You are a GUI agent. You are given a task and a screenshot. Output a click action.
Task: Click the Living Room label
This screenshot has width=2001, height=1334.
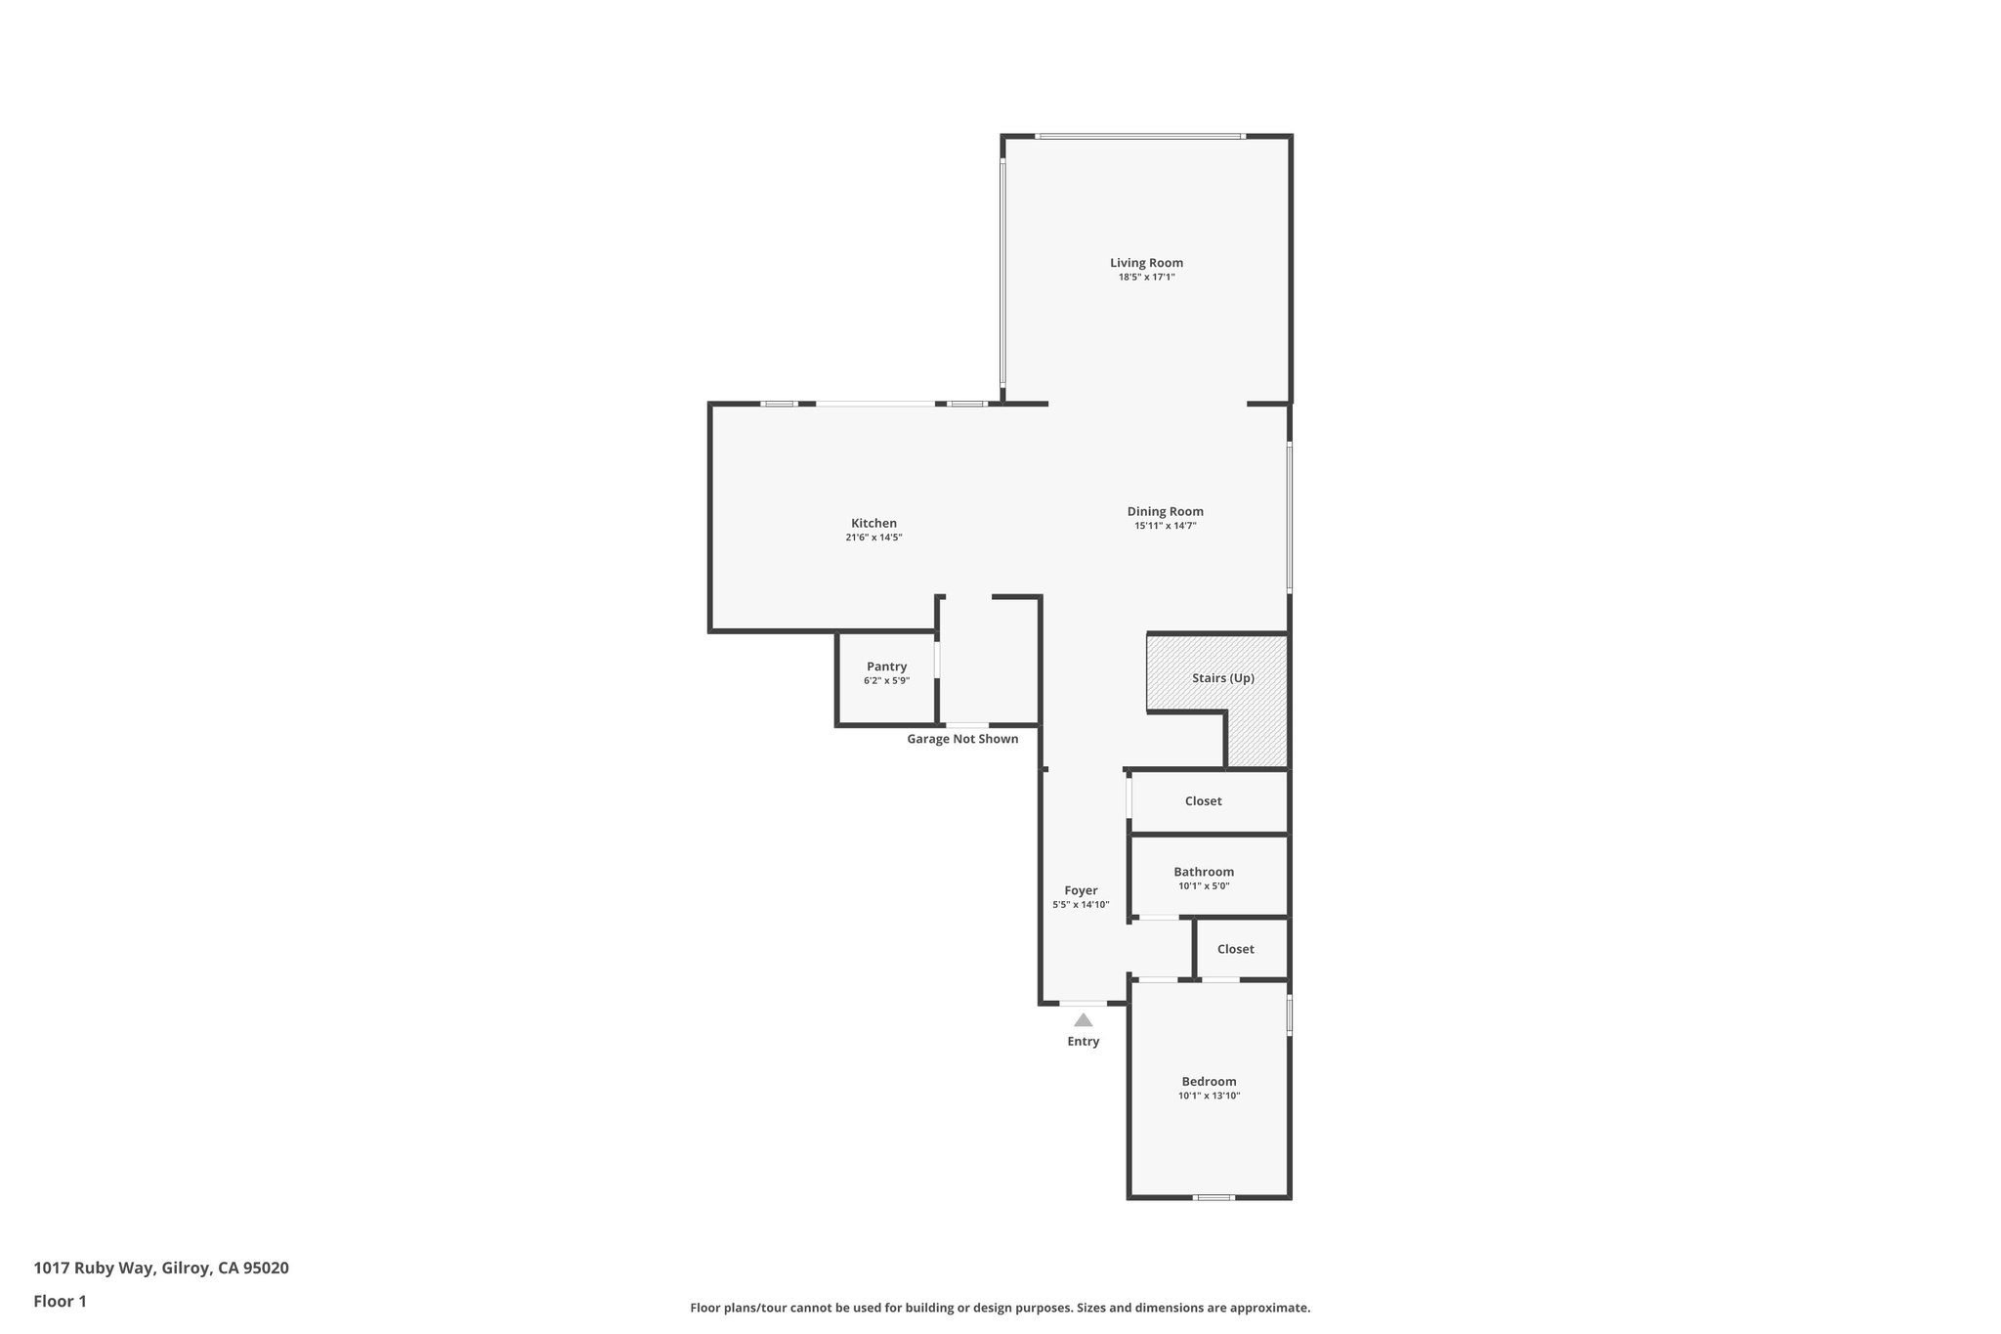pyautogui.click(x=1146, y=262)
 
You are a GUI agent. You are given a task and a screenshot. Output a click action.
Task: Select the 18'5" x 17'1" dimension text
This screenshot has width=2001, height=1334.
pyautogui.click(x=1146, y=278)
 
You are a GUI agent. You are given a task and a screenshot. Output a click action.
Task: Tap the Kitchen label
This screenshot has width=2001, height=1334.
pyautogui.click(x=873, y=523)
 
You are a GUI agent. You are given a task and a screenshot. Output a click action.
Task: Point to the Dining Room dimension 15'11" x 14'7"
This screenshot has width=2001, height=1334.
pyautogui.click(x=1165, y=526)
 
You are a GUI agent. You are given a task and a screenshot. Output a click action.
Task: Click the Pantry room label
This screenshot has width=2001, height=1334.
pyautogui.click(x=886, y=667)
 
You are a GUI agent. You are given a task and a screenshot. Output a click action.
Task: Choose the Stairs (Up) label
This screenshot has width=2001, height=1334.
pyautogui.click(x=1222, y=677)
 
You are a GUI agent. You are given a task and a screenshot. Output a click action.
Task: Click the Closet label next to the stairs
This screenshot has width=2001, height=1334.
pyautogui.click(x=1203, y=800)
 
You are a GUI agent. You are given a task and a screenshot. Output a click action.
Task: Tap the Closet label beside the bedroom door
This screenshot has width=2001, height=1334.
pyautogui.click(x=1235, y=949)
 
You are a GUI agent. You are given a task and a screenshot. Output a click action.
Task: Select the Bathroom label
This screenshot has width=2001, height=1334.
pyautogui.click(x=1203, y=872)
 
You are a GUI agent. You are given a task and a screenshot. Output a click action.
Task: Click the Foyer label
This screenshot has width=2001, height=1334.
pyautogui.click(x=1081, y=890)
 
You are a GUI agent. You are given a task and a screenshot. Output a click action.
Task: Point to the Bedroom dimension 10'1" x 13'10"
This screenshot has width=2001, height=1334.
pyautogui.click(x=1209, y=1096)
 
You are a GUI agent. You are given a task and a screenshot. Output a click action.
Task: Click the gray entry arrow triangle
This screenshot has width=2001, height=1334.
pyautogui.click(x=1083, y=1020)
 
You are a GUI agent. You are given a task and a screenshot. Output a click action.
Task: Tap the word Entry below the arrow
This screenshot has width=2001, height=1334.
pyautogui.click(x=1083, y=1042)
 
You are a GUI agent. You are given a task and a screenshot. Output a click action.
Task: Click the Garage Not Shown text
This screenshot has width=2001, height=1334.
pyautogui.click(x=962, y=739)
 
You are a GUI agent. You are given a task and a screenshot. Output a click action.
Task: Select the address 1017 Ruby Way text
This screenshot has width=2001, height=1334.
pyautogui.click(x=161, y=1268)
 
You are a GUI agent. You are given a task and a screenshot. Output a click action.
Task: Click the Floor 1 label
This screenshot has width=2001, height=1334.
pyautogui.click(x=61, y=1301)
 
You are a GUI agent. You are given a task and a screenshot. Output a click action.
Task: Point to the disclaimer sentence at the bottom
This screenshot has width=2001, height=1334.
pyautogui.click(x=1000, y=1308)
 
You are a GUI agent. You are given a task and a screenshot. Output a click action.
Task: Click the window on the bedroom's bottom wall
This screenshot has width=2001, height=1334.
pyautogui.click(x=1213, y=1197)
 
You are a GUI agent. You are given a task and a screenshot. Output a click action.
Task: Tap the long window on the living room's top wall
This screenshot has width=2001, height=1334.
pyautogui.click(x=1140, y=136)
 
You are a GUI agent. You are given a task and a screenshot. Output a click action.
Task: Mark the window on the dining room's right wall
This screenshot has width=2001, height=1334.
pyautogui.click(x=1289, y=517)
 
